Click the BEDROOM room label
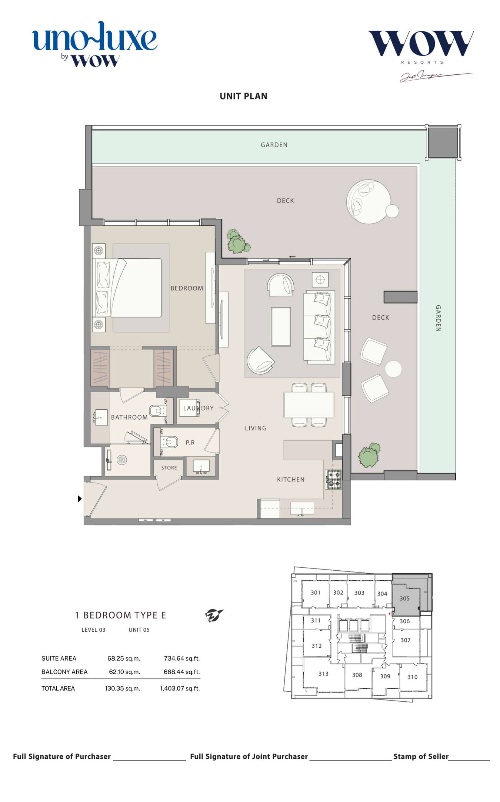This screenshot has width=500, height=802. (x=187, y=288)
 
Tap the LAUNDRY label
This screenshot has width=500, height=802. (x=199, y=408)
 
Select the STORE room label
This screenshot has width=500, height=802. (x=169, y=467)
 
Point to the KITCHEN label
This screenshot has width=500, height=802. (x=291, y=479)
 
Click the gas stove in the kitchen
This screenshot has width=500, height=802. (x=333, y=479)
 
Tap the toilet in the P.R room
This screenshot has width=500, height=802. (x=169, y=442)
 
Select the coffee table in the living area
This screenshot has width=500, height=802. (x=281, y=326)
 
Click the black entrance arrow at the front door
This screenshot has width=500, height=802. (x=80, y=499)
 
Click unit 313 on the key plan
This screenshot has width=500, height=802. (x=323, y=674)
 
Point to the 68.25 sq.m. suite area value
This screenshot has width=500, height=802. (x=124, y=658)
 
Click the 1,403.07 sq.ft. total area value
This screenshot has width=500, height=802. (x=180, y=688)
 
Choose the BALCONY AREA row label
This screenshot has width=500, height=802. (x=64, y=672)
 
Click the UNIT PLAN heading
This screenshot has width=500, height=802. (x=243, y=96)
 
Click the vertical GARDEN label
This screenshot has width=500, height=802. (x=438, y=318)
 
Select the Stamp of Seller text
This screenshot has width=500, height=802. (x=421, y=756)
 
